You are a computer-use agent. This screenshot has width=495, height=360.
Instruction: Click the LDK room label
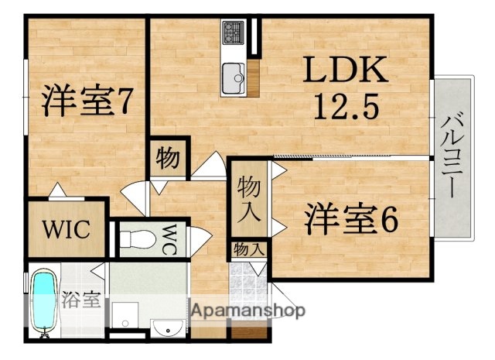click(x=344, y=73)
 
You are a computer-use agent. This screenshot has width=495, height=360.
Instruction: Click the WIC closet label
click(x=66, y=229)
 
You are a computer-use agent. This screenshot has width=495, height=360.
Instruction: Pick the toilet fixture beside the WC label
click(x=138, y=237)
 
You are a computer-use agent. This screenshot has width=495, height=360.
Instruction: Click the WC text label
click(x=170, y=235)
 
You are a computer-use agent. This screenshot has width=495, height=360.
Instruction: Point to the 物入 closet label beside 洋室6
click(x=247, y=197)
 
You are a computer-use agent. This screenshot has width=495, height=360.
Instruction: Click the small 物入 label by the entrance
click(x=248, y=249)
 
